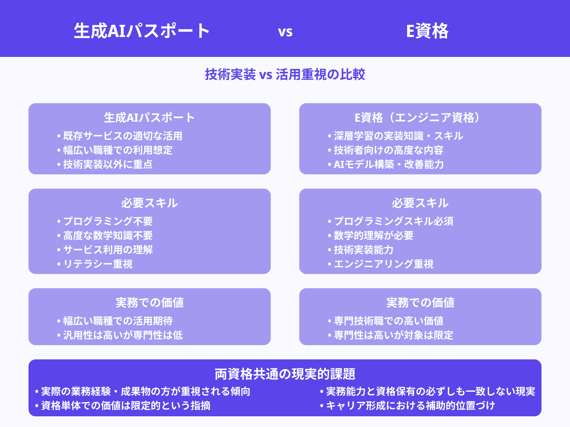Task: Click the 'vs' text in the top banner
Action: point(285,32)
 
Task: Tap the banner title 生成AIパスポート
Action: point(142,31)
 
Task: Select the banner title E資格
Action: point(427,31)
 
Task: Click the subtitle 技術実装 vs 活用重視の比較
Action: point(285,74)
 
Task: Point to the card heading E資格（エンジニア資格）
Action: point(420,117)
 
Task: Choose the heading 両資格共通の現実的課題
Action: point(285,374)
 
